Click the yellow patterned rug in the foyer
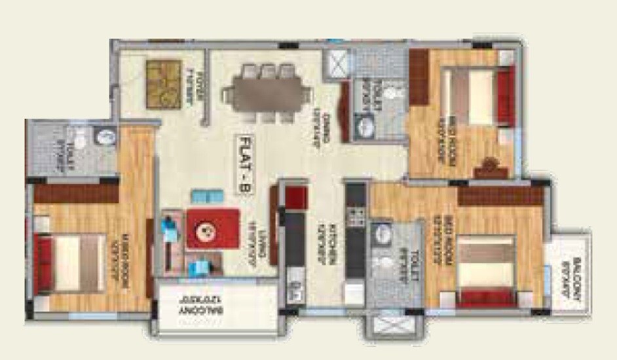pos(162,84)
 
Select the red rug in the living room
pos(212,228)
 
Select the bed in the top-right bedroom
pos(472,98)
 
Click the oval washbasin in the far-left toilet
pos(105,137)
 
